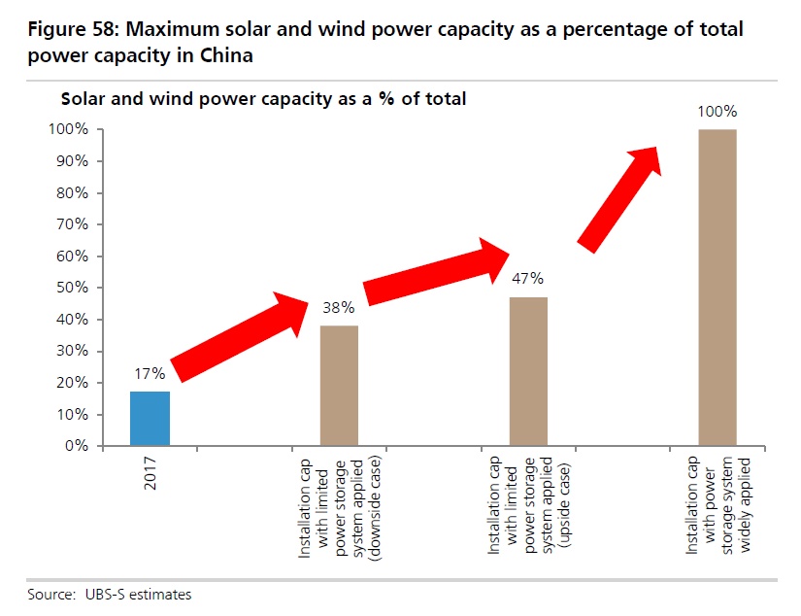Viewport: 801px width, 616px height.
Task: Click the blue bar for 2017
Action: [150, 419]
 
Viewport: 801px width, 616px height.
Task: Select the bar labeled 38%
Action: [339, 386]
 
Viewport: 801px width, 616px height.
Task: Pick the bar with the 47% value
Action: [528, 371]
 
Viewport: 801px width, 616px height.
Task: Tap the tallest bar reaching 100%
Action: [718, 288]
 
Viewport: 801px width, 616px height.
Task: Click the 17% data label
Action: [150, 373]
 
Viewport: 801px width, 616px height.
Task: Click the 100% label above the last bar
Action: [717, 111]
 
